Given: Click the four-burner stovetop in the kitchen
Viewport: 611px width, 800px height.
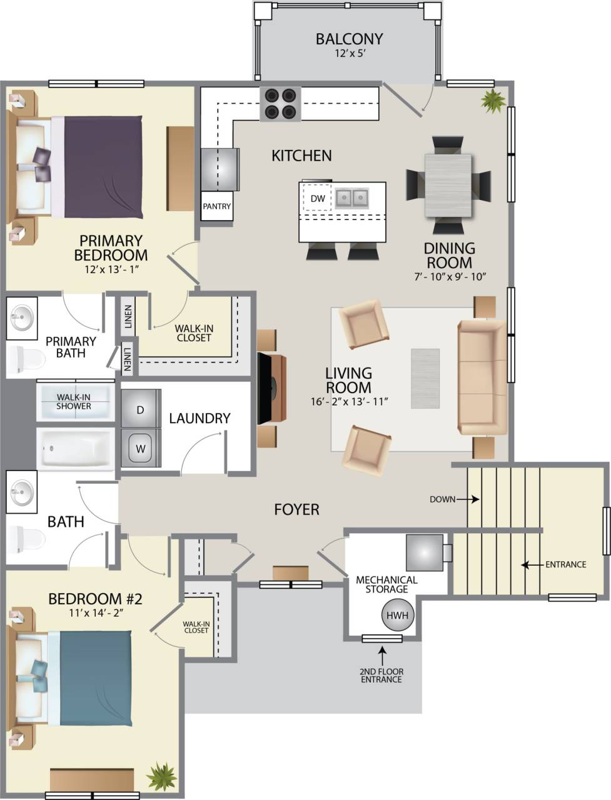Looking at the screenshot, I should click(x=280, y=104).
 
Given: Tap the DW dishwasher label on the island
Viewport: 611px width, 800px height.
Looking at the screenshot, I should click(x=318, y=198).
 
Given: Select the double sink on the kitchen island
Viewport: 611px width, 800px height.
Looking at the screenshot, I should click(x=351, y=199).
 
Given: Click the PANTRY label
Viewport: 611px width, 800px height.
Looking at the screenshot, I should click(x=216, y=206).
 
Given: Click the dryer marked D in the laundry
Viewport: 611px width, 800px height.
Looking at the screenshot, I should click(x=141, y=410).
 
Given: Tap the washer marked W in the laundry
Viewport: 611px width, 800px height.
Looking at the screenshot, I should click(x=141, y=447).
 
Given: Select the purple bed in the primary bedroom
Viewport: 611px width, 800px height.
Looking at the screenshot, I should click(x=100, y=167).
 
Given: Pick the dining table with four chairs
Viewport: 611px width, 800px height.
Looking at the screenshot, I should click(x=448, y=185).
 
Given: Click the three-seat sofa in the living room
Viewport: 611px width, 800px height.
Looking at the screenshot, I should click(x=481, y=377).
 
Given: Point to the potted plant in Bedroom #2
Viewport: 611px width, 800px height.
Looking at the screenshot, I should click(x=162, y=776).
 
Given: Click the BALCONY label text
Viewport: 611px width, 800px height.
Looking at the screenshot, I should click(x=349, y=39).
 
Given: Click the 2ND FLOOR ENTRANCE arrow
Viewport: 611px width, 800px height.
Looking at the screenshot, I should click(x=382, y=656).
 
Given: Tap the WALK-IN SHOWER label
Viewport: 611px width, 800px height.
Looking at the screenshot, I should click(x=74, y=401).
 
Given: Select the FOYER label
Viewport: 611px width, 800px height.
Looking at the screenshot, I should click(x=296, y=509).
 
